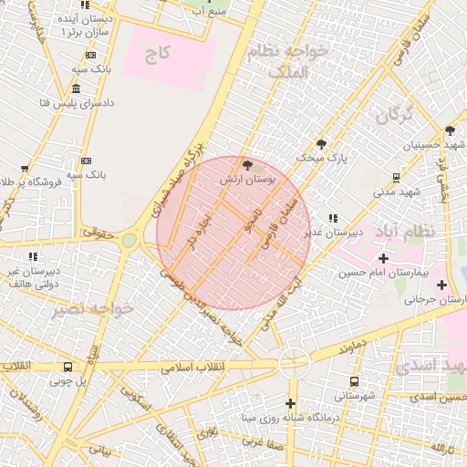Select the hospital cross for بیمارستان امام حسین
(x=383, y=259)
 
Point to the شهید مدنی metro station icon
(x=395, y=177)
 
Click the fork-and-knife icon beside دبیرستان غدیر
(x=333, y=218)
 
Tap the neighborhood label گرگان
(x=394, y=114)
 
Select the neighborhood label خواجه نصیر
(x=92, y=309)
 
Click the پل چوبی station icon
(x=67, y=368)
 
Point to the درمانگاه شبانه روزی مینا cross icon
(x=291, y=403)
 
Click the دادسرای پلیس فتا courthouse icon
(x=75, y=88)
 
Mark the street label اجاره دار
(x=198, y=233)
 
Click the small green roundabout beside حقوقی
(x=130, y=241)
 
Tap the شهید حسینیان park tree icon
(x=450, y=130)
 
